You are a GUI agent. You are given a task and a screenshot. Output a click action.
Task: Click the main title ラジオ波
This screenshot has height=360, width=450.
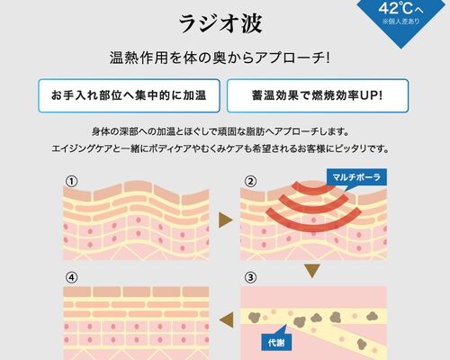(220, 24)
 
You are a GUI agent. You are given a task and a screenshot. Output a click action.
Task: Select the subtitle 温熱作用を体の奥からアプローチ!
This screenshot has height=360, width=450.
(220, 58)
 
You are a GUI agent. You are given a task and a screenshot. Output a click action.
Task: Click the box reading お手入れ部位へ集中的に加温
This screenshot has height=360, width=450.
(129, 95)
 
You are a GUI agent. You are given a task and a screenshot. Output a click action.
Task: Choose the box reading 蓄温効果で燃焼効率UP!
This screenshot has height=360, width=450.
(318, 95)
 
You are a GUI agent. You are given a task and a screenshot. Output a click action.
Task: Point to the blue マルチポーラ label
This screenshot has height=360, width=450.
(356, 177)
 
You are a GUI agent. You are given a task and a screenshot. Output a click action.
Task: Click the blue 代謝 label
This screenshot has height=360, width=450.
(276, 342)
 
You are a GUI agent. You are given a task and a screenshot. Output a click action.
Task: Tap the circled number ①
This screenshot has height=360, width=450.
(71, 182)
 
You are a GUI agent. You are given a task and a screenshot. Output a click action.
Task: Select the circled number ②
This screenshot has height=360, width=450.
(250, 182)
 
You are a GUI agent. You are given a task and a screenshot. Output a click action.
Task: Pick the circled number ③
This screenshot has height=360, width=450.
(250, 277)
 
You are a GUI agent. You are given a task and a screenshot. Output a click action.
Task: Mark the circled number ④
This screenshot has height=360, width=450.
(71, 277)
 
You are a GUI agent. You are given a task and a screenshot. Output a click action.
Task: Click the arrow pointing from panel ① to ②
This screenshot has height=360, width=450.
(226, 220)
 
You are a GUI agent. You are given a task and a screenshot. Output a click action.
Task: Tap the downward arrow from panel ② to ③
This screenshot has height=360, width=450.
(312, 271)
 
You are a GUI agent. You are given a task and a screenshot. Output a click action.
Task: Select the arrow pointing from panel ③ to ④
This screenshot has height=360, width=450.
(227, 319)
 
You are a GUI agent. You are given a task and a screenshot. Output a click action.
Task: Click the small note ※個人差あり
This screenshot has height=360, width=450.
(400, 22)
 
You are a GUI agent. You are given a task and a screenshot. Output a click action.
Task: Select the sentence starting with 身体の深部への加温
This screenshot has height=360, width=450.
(220, 131)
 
